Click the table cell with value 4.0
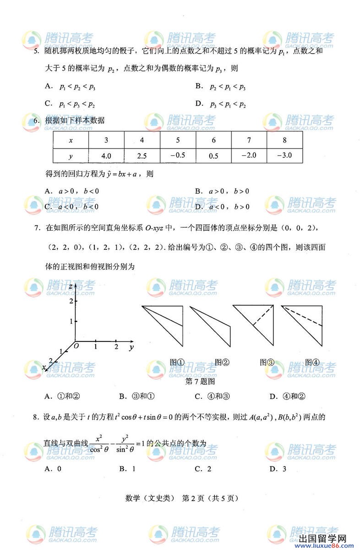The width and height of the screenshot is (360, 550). click(106, 156)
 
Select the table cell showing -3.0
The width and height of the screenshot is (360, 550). click(285, 155)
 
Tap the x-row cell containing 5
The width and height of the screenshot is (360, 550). click(178, 140)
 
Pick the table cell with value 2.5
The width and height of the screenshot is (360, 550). click(142, 156)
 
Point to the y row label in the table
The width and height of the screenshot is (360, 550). click(71, 156)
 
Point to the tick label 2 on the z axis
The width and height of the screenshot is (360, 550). click(71, 301)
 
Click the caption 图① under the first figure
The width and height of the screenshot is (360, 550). click(177, 362)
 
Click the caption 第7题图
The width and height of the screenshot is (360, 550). click(199, 381)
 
